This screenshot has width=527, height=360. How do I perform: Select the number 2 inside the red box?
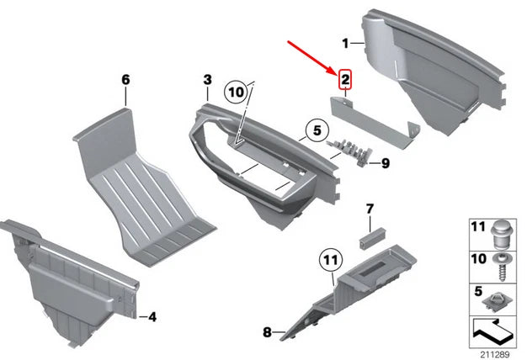click(344, 81)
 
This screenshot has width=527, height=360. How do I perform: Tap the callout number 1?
click(344, 42)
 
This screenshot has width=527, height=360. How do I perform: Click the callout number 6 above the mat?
click(125, 80)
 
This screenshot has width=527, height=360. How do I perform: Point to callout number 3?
click(206, 80)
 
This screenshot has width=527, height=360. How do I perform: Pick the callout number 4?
click(152, 317)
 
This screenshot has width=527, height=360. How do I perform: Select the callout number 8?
click(267, 332)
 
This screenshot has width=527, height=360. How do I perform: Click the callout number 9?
click(386, 163)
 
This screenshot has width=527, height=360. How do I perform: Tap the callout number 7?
click(369, 208)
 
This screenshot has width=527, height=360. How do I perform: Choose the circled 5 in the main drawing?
click(314, 131)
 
